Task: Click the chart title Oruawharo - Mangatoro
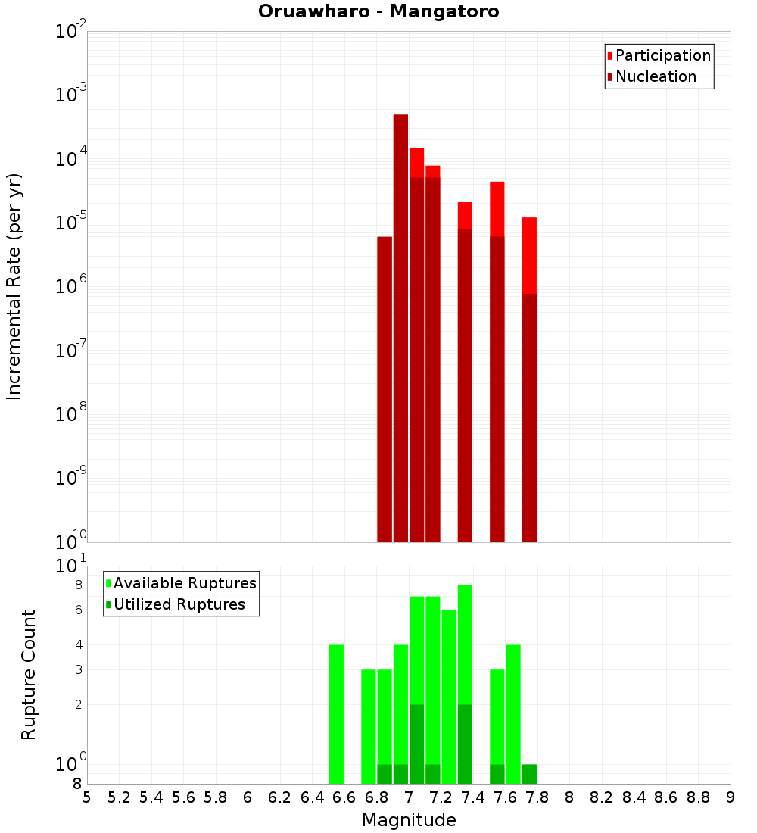tap(378, 12)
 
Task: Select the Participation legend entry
tap(662, 55)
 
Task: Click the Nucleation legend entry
tap(655, 76)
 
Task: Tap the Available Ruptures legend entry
tap(184, 583)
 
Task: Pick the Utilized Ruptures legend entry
tap(179, 604)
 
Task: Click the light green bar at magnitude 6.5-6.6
tap(336, 712)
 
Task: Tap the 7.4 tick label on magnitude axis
tap(473, 797)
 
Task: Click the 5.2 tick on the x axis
tap(119, 797)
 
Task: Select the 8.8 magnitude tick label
tap(698, 797)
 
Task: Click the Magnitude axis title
tap(409, 820)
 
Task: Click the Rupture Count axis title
tap(29, 674)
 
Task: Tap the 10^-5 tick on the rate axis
tap(70, 223)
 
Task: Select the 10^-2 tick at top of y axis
tap(70, 32)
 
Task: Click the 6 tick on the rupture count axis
tap(77, 610)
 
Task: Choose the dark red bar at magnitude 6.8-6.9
tap(385, 390)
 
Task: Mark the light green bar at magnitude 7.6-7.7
tap(513, 712)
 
